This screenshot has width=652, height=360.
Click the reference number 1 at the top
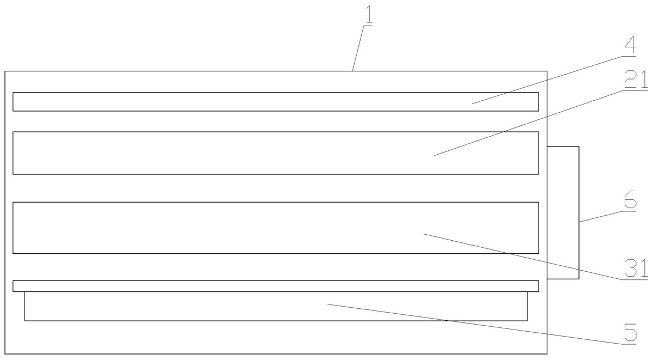[369, 15]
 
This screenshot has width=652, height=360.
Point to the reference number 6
[629, 200]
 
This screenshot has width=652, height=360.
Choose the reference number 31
[635, 269]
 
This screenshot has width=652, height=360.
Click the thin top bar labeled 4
[218, 102]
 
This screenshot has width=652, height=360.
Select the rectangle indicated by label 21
[218, 153]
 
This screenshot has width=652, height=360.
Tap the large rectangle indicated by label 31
[218, 228]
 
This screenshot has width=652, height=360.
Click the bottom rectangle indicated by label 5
[218, 307]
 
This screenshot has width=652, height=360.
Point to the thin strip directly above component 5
[218, 286]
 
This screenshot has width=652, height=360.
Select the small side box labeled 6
[563, 212]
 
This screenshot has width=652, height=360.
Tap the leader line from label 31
[523, 256]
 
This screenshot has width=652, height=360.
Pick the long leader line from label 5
[474, 324]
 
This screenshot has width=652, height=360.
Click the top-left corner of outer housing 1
[5, 71]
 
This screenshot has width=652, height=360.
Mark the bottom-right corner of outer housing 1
[546, 354]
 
